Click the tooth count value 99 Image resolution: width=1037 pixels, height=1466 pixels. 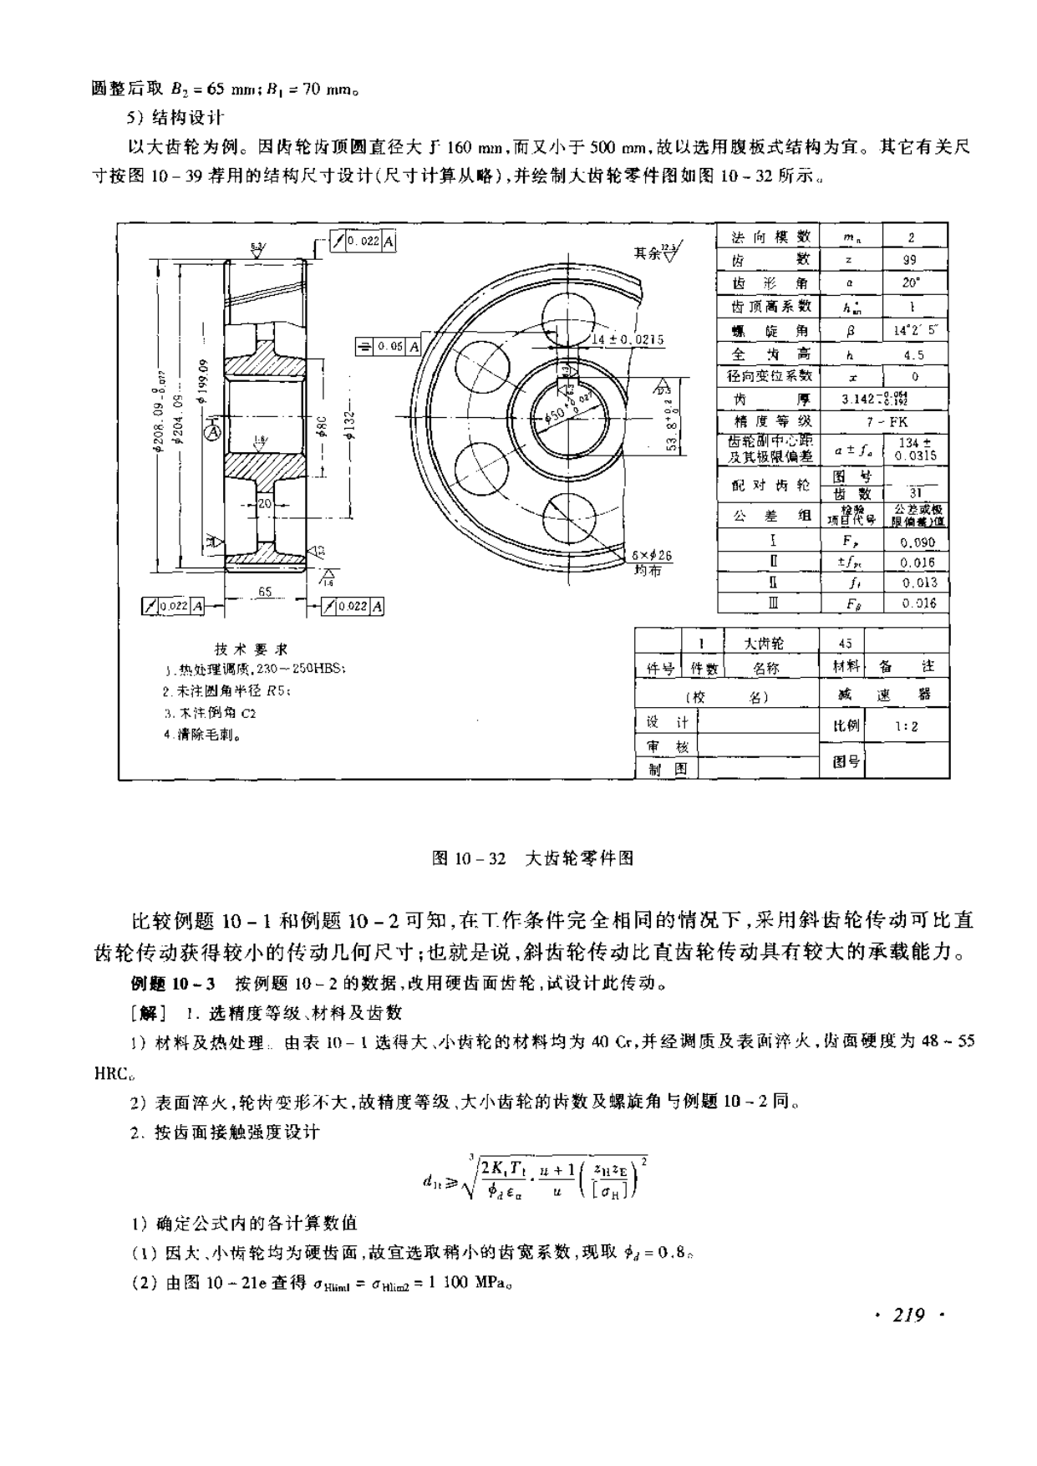click(x=911, y=260)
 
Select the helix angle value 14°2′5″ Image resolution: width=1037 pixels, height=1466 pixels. click(x=915, y=330)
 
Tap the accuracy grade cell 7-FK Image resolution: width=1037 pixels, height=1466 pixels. click(x=887, y=422)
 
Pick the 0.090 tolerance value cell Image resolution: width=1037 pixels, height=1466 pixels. click(x=918, y=542)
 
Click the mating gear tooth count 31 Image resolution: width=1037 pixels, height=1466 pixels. click(x=916, y=493)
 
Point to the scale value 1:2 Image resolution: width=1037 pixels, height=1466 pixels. click(x=907, y=726)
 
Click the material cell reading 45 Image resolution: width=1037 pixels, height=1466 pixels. click(x=845, y=643)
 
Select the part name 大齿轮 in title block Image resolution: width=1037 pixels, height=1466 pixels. click(x=764, y=643)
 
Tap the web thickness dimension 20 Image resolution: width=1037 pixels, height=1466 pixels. click(x=264, y=504)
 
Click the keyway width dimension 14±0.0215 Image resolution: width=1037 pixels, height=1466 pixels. click(x=628, y=339)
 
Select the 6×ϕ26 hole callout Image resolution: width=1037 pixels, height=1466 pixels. click(x=652, y=560)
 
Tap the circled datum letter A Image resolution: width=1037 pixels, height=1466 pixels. click(x=214, y=431)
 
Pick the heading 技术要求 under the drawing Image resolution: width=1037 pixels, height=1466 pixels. click(x=251, y=649)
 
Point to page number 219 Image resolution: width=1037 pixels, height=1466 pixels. click(x=907, y=1316)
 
